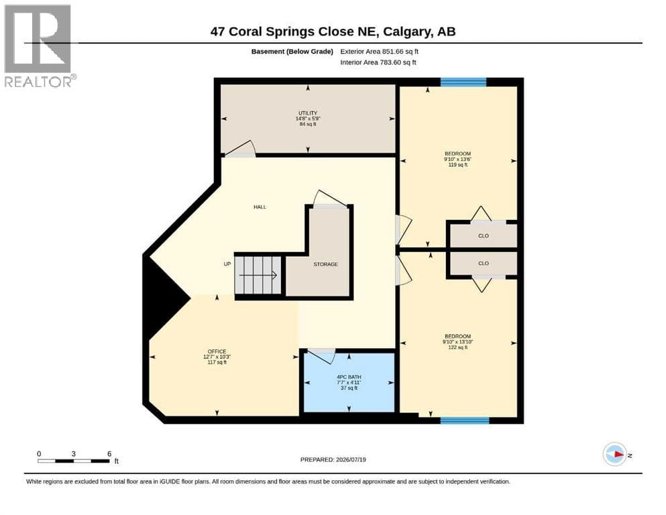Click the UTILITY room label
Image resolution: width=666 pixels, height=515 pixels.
[x=308, y=113]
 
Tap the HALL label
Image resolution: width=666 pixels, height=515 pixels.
[x=260, y=207]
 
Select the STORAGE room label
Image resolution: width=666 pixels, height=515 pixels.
[x=326, y=264]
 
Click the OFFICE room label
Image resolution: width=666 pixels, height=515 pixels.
[x=217, y=351]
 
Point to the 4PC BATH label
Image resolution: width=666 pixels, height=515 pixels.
[x=349, y=377]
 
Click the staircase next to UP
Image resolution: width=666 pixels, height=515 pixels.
[x=258, y=275]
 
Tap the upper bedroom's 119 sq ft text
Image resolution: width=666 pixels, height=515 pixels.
[x=458, y=165]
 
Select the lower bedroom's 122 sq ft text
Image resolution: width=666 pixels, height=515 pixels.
[x=458, y=347]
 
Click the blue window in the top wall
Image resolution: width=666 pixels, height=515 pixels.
[x=463, y=82]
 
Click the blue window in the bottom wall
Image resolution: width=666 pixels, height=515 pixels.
[x=465, y=420]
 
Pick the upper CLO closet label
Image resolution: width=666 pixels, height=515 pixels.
[x=484, y=235]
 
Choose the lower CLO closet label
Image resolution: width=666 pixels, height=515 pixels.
[x=484, y=264]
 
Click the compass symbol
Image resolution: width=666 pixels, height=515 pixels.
[x=615, y=454]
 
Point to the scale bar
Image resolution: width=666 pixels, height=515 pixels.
[x=74, y=461]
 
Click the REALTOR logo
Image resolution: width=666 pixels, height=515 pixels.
[x=40, y=46]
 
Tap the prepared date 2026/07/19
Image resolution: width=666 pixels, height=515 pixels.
[x=351, y=459]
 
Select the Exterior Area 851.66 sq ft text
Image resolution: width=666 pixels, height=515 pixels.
[x=380, y=52]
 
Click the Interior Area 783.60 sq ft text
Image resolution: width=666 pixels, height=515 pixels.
[x=378, y=62]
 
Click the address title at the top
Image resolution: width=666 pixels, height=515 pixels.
[x=333, y=32]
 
